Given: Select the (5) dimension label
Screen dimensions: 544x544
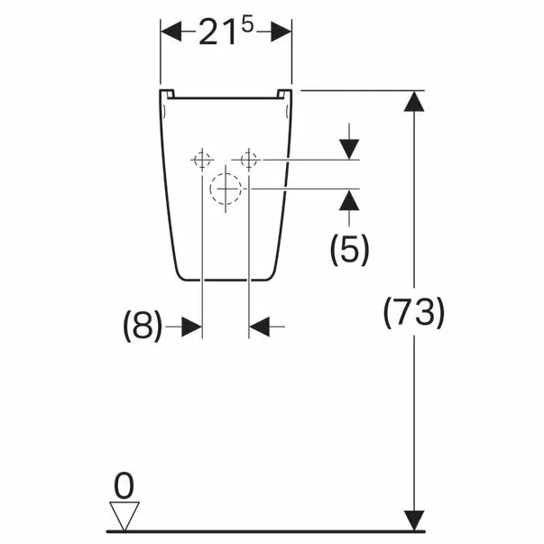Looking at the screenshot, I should point(348,250).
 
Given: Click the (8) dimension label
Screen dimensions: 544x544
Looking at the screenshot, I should point(143,326).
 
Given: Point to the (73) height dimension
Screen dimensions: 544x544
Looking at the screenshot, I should point(414,313).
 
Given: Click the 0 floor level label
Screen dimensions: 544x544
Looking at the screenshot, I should point(124,488).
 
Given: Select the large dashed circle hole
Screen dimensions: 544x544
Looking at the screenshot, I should point(226,189).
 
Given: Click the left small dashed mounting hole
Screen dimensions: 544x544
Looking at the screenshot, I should point(202,160).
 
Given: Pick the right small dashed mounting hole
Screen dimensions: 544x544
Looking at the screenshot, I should point(250,160).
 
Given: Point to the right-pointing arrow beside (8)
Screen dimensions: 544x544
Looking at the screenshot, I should point(189,327).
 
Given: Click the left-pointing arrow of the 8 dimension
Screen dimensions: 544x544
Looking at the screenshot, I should point(262,327).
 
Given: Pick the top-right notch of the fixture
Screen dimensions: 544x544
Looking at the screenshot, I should point(285,93).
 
